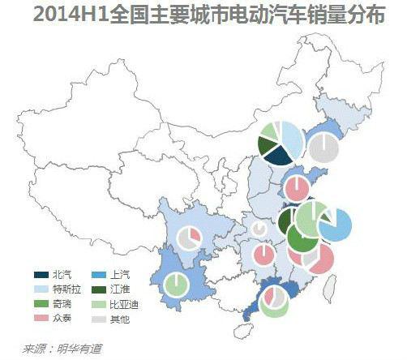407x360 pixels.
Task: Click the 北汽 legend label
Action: click(62, 274)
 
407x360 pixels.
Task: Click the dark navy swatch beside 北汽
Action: click(40, 274)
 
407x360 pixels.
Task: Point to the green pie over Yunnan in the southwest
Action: click(176, 285)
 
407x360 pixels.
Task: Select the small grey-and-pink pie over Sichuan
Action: click(189, 238)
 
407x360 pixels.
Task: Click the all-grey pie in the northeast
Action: click(323, 149)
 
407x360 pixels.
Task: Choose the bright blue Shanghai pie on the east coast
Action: click(335, 225)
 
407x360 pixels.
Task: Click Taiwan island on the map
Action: click(331, 285)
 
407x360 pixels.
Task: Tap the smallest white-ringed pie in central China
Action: click(259, 229)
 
